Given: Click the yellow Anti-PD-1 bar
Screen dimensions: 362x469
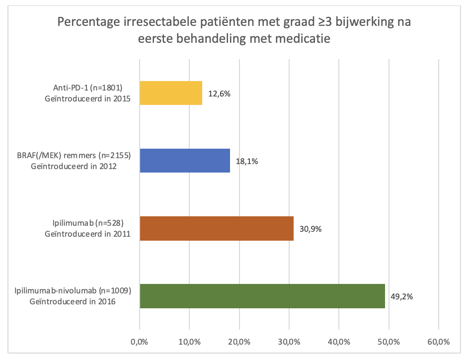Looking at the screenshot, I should click(x=171, y=93).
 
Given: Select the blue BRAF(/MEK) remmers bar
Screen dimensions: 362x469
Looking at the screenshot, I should click(x=185, y=161).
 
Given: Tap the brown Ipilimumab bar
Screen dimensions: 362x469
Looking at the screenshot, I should click(x=217, y=228).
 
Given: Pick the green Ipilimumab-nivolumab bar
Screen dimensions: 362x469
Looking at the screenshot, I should click(x=262, y=296).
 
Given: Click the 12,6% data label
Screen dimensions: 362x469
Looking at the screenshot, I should click(x=219, y=93).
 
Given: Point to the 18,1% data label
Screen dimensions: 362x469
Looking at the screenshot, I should click(x=246, y=161).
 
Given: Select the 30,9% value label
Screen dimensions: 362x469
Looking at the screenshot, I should click(x=310, y=229).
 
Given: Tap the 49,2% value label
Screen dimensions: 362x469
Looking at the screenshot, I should click(x=401, y=296).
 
